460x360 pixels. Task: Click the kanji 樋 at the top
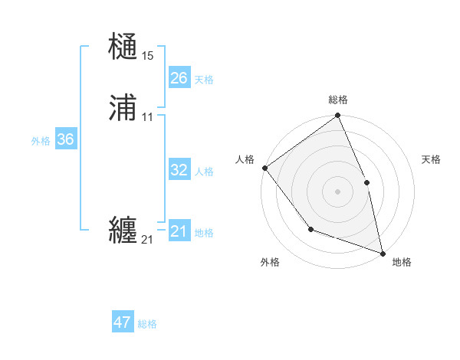pos(123,47)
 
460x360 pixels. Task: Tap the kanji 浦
pos(123,110)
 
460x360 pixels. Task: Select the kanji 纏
pos(123,231)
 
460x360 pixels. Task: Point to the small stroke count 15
pos(147,55)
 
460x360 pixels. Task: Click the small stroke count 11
pos(147,117)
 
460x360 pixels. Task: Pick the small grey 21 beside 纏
pos(147,240)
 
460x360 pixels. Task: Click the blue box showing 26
pos(179,78)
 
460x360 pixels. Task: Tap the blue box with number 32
pos(179,170)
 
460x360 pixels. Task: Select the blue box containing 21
pos(179,231)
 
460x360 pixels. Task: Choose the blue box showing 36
pos(66,140)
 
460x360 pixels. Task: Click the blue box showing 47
pos(123,322)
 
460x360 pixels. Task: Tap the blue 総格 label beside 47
pos(147,324)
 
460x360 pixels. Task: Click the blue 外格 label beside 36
pos(41,141)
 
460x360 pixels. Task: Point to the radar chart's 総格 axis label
pos(338,100)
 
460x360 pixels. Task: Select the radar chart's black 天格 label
pos(431,159)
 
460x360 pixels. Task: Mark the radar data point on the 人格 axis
pos(264,168)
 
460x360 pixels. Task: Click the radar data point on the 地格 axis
pos(383,253)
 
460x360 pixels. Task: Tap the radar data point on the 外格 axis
pos(310,229)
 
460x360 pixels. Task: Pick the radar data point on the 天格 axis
pos(366,182)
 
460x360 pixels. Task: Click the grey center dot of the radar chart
pos(338,191)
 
